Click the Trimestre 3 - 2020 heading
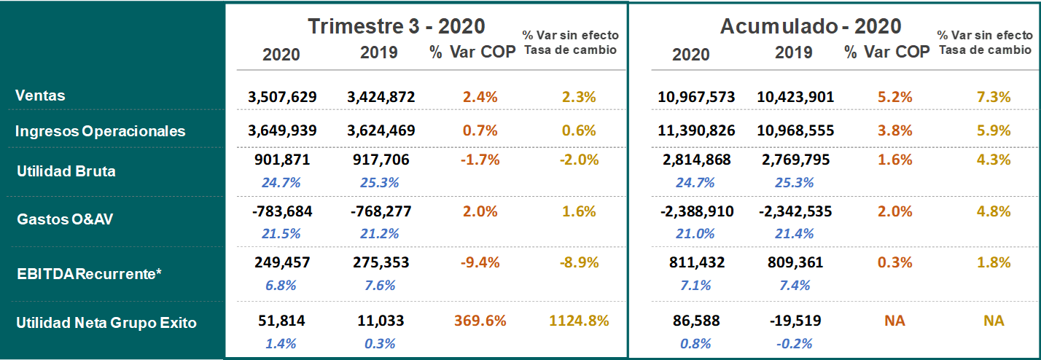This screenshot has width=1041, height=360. click(x=396, y=26)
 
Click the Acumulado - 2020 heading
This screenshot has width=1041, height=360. click(x=811, y=26)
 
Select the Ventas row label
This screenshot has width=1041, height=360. click(x=41, y=95)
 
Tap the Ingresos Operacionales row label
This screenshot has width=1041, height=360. click(x=101, y=131)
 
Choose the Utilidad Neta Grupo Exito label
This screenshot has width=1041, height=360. click(x=106, y=322)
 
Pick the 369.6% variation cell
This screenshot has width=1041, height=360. click(x=480, y=321)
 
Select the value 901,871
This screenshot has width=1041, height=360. click(x=281, y=160)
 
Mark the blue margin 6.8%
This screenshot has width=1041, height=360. click(x=281, y=285)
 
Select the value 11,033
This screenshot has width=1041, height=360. click(x=379, y=320)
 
